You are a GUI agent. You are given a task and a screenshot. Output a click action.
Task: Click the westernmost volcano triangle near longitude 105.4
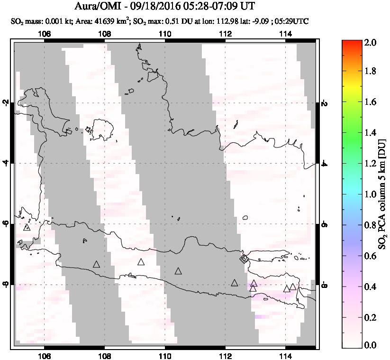[27, 227]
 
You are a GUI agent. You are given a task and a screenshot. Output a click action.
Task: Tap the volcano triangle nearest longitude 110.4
[178, 271]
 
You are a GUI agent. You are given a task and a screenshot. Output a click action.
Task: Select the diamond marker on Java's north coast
[244, 258]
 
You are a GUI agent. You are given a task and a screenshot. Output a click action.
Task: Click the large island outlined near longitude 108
[100, 129]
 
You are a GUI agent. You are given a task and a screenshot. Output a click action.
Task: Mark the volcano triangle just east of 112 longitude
[235, 283]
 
